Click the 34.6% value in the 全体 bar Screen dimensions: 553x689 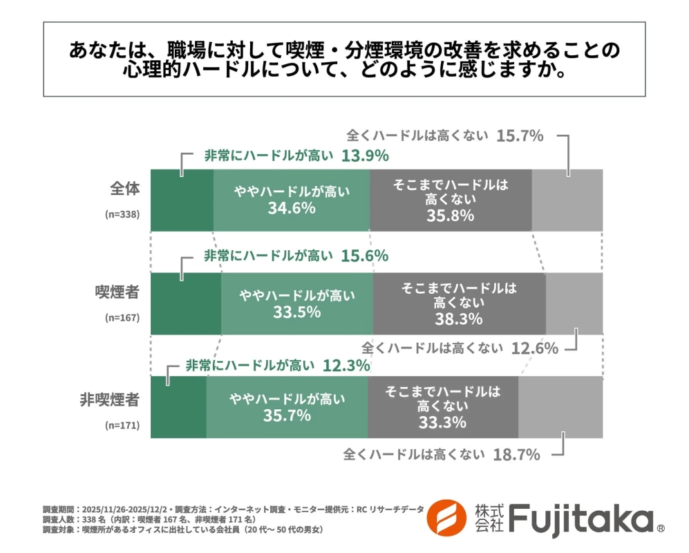pyautogui.click(x=292, y=208)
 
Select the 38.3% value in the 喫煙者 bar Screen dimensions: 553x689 pyautogui.click(x=459, y=319)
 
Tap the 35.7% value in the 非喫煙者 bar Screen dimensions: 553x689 pyautogui.click(x=287, y=416)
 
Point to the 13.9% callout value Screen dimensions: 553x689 pyautogui.click(x=365, y=156)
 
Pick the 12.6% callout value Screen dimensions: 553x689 pyautogui.click(x=534, y=348)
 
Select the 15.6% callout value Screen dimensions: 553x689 pyautogui.click(x=365, y=255)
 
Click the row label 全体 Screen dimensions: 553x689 pyautogui.click(x=124, y=189)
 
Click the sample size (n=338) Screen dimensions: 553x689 pyautogui.click(x=122, y=214)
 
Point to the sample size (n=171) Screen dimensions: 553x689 pyautogui.click(x=122, y=426)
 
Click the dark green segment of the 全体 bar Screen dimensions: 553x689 pyautogui.click(x=182, y=200)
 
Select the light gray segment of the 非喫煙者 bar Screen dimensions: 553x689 pyautogui.click(x=560, y=407)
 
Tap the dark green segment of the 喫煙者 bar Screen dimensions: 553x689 pyautogui.click(x=185, y=303)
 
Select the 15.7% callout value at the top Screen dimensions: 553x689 pyautogui.click(x=520, y=135)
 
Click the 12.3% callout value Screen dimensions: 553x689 pyautogui.click(x=346, y=365)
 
